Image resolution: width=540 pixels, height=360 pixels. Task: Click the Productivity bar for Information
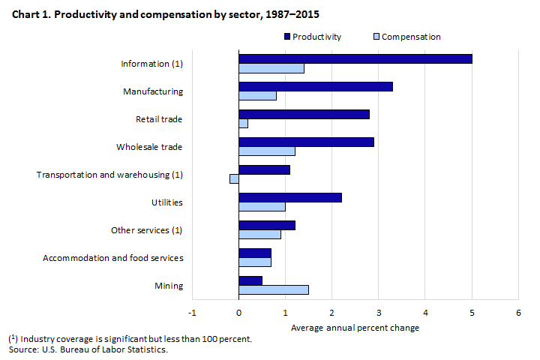click(355, 58)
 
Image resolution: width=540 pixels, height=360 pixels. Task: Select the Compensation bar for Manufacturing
click(257, 96)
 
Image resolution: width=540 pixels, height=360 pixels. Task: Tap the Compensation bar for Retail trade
click(243, 124)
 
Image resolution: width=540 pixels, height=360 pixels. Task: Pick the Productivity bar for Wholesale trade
click(306, 142)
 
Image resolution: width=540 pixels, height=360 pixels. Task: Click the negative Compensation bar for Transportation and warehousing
click(234, 178)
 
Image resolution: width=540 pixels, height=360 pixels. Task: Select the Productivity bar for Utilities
click(290, 197)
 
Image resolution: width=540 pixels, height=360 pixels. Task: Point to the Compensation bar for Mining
click(274, 289)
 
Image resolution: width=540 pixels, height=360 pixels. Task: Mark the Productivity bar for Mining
click(250, 280)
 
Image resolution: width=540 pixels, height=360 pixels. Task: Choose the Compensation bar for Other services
click(259, 234)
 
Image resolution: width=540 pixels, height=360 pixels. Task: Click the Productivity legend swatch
click(287, 37)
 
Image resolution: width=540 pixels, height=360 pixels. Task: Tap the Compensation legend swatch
click(376, 37)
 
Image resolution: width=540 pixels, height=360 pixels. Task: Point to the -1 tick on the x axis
click(193, 312)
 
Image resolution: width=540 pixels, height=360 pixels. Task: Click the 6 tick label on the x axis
click(518, 312)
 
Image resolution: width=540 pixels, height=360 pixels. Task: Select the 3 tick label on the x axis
click(379, 312)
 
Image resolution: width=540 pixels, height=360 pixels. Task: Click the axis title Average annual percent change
click(355, 328)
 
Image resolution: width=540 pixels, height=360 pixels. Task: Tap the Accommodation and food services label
click(112, 258)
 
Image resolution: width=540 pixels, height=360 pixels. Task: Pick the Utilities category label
click(166, 202)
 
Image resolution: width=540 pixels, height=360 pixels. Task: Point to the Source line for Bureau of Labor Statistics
click(88, 349)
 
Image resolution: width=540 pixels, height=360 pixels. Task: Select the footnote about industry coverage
click(129, 339)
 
